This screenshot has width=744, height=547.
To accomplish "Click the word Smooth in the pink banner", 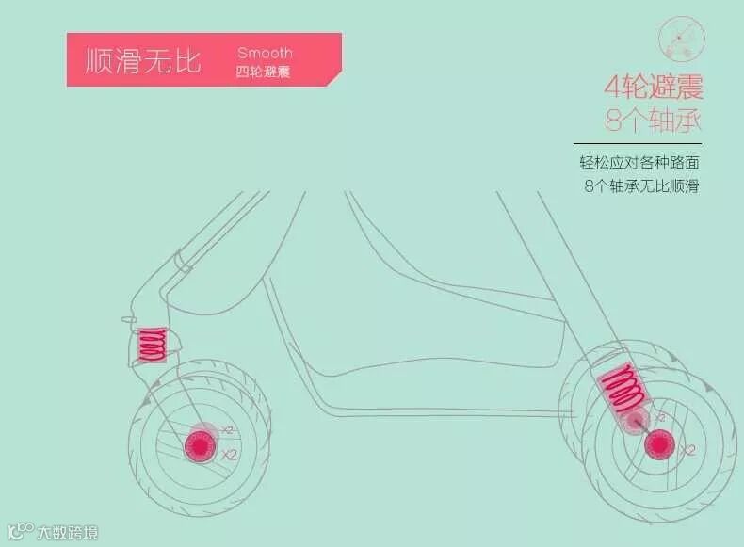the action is coord(265,53).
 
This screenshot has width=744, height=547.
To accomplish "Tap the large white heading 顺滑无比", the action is coord(143,62).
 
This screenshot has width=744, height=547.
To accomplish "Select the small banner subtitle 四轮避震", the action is coord(263,71).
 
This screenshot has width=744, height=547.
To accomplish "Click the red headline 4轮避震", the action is coord(654,88).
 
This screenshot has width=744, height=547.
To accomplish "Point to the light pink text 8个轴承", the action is coord(655,121).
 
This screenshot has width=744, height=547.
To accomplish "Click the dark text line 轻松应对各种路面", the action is coord(639,162).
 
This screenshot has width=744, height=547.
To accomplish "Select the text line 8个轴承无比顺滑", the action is coord(641,185).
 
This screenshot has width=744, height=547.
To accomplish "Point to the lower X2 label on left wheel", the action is coord(229,455).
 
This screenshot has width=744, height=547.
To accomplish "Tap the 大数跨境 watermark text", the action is coord(67,531).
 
